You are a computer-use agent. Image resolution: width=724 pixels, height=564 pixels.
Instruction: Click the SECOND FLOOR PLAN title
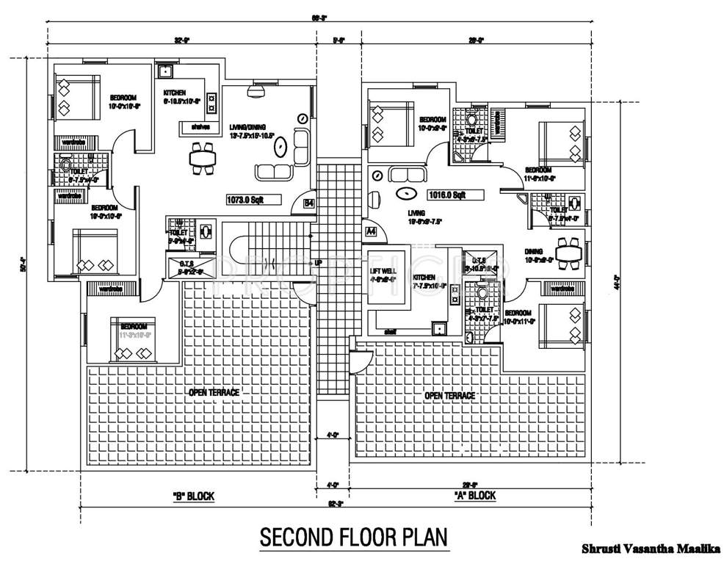point(354,537)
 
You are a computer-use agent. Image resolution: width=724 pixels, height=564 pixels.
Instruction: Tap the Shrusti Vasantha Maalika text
point(651,548)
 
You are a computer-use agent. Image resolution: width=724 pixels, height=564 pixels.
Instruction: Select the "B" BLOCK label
point(193,496)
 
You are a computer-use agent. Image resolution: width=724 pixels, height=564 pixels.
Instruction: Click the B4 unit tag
point(309,203)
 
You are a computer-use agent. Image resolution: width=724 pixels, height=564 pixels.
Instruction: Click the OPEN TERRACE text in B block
point(214,392)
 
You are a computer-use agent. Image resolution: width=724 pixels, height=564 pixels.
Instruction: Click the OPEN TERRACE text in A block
point(449,395)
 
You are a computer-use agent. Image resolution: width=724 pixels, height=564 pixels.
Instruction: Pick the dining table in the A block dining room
point(567,253)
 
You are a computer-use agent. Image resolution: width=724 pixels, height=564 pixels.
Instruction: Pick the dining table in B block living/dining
point(201,156)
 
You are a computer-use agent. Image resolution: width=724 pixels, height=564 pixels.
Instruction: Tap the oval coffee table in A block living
point(405,194)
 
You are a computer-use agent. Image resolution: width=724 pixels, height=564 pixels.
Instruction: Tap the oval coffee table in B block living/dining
point(280,148)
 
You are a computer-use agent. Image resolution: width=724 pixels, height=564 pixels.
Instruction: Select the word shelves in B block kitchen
point(200,127)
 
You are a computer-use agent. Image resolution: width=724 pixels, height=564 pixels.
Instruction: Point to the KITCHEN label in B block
point(175,93)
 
